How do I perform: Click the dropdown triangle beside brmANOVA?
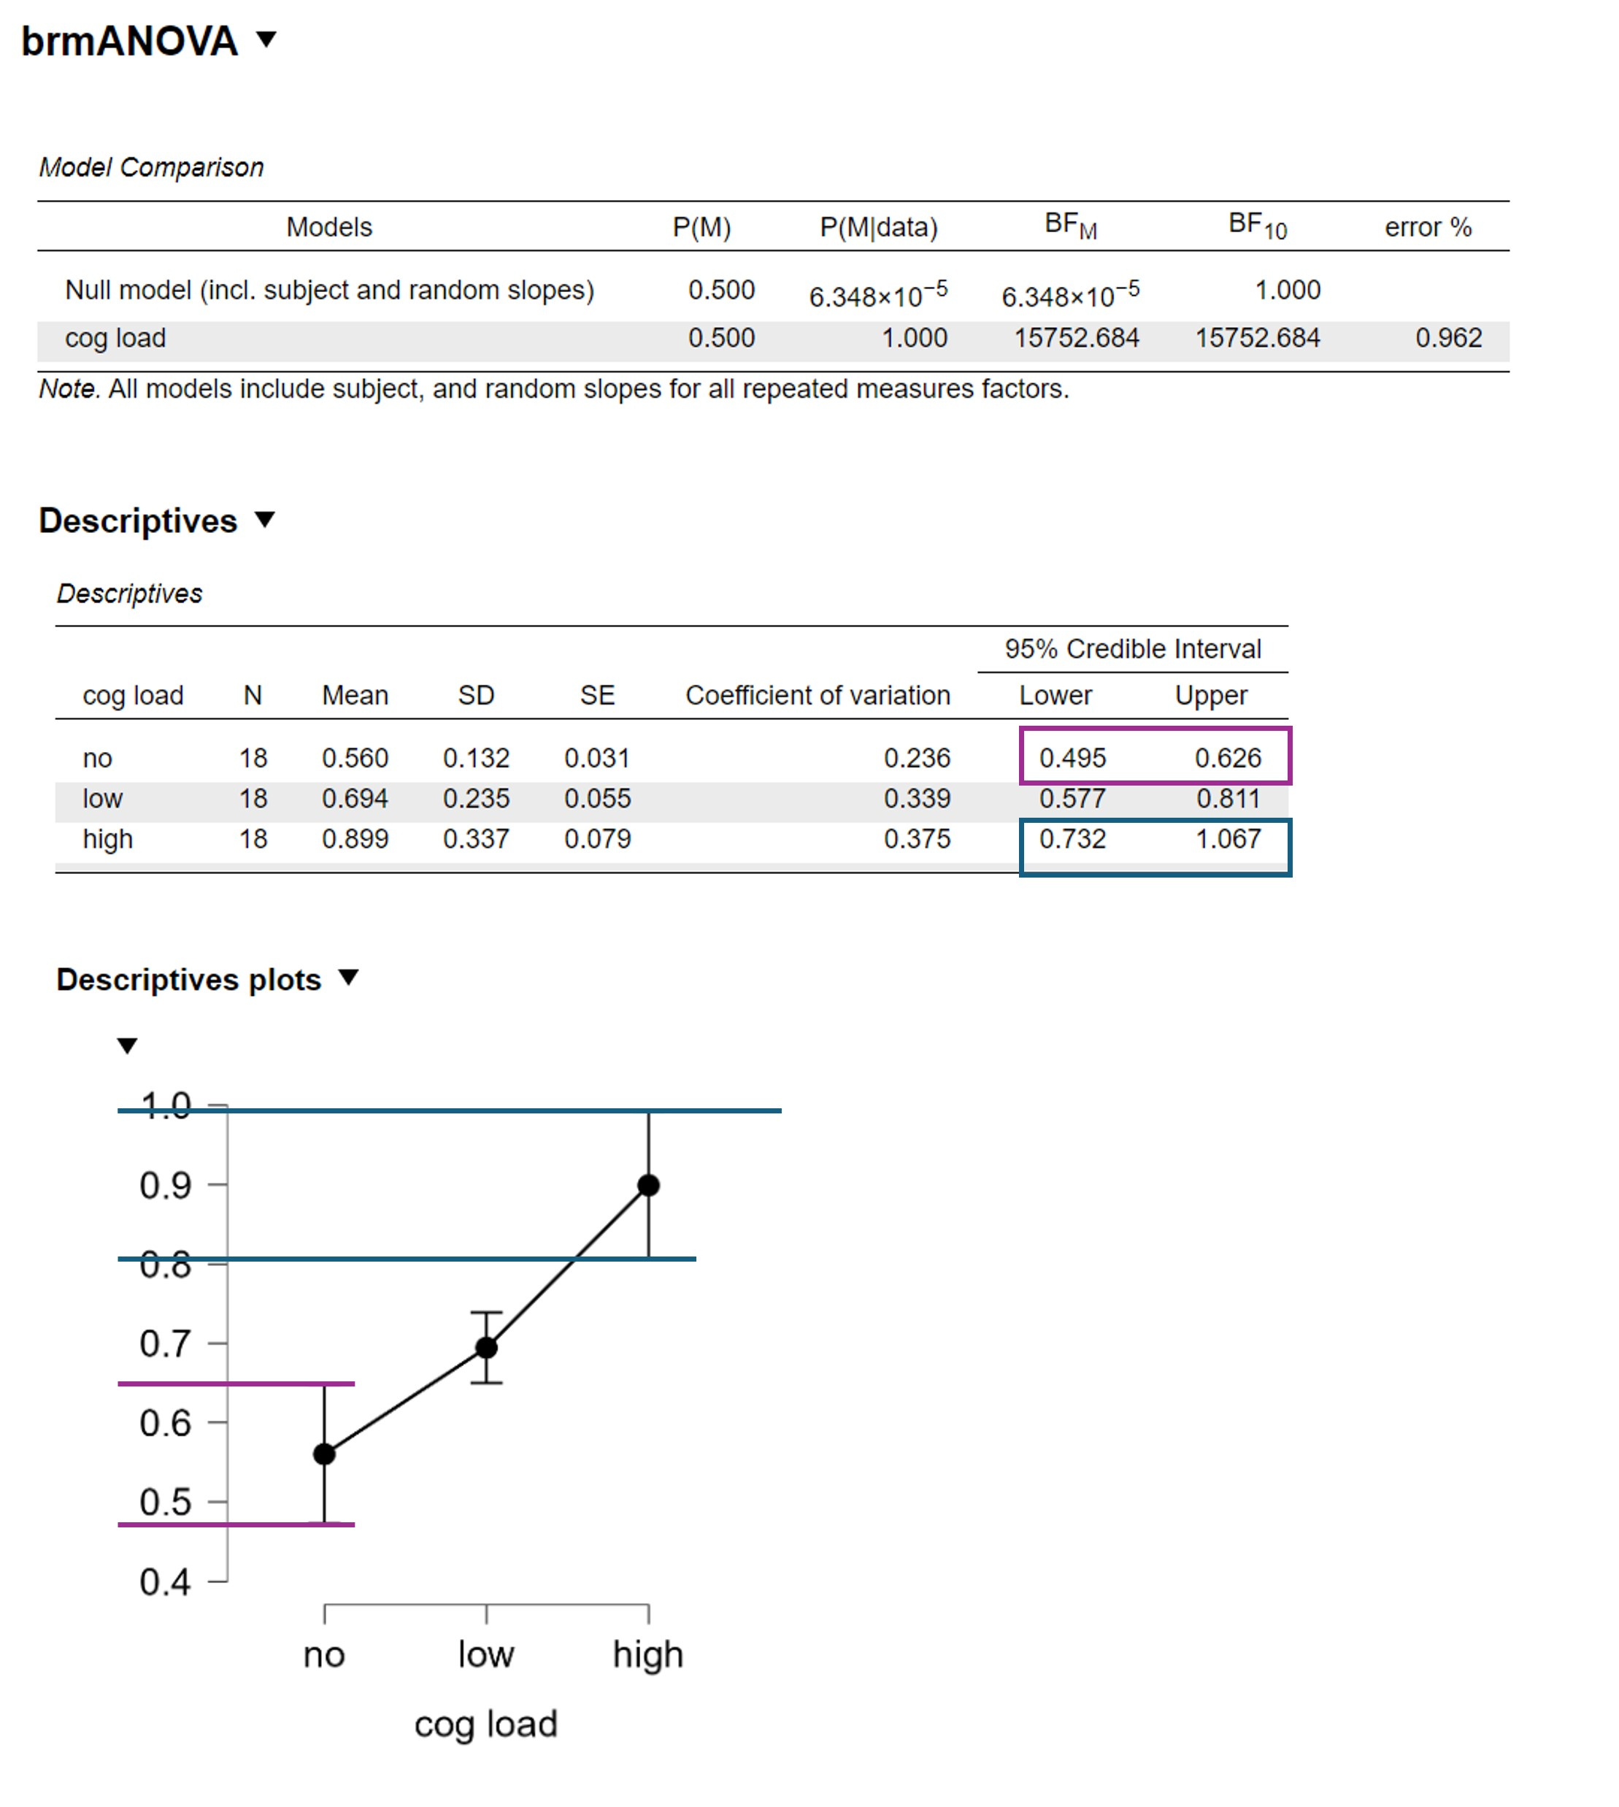click(266, 39)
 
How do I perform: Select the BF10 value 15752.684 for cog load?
click(1256, 338)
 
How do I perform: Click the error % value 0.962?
click(1447, 338)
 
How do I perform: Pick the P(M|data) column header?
click(878, 228)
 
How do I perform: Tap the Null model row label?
click(329, 290)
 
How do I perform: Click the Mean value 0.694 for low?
click(355, 798)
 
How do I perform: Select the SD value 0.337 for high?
click(476, 838)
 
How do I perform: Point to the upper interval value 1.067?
click(1228, 838)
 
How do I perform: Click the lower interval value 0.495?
click(1072, 758)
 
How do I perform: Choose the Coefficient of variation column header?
click(818, 695)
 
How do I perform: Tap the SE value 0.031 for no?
click(597, 758)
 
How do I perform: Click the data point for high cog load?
click(648, 1185)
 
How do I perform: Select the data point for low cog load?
click(485, 1348)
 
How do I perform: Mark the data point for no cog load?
click(325, 1454)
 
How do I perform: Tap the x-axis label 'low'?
click(485, 1654)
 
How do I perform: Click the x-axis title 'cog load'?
click(485, 1724)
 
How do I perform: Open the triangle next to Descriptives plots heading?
click(349, 978)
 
